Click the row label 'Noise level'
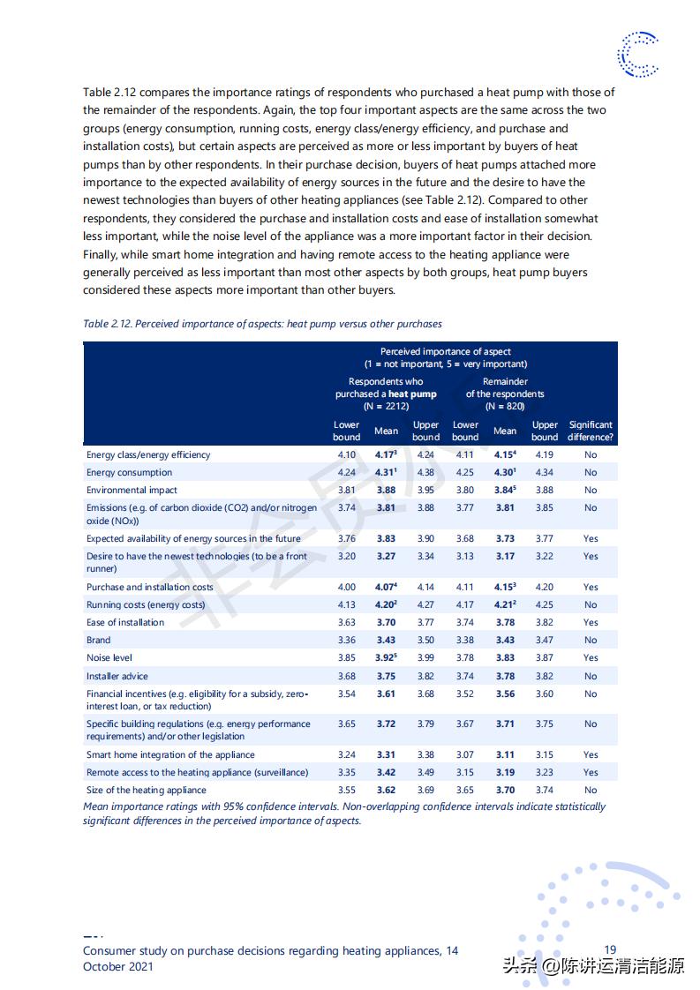point(109,658)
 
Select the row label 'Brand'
point(98,641)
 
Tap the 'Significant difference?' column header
point(590,431)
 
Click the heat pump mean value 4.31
point(385,472)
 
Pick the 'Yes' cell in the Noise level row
point(590,658)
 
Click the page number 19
point(610,949)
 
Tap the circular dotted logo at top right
point(637,54)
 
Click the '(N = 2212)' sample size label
point(386,407)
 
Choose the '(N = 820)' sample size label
point(505,407)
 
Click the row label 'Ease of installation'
point(124,623)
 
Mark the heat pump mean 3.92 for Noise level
point(386,658)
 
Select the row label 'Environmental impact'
point(132,491)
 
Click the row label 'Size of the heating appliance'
point(146,791)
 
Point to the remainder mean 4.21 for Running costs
point(504,605)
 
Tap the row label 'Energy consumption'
point(129,473)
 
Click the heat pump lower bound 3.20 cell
point(346,557)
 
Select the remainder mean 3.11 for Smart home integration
point(504,755)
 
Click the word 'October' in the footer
point(105,966)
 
